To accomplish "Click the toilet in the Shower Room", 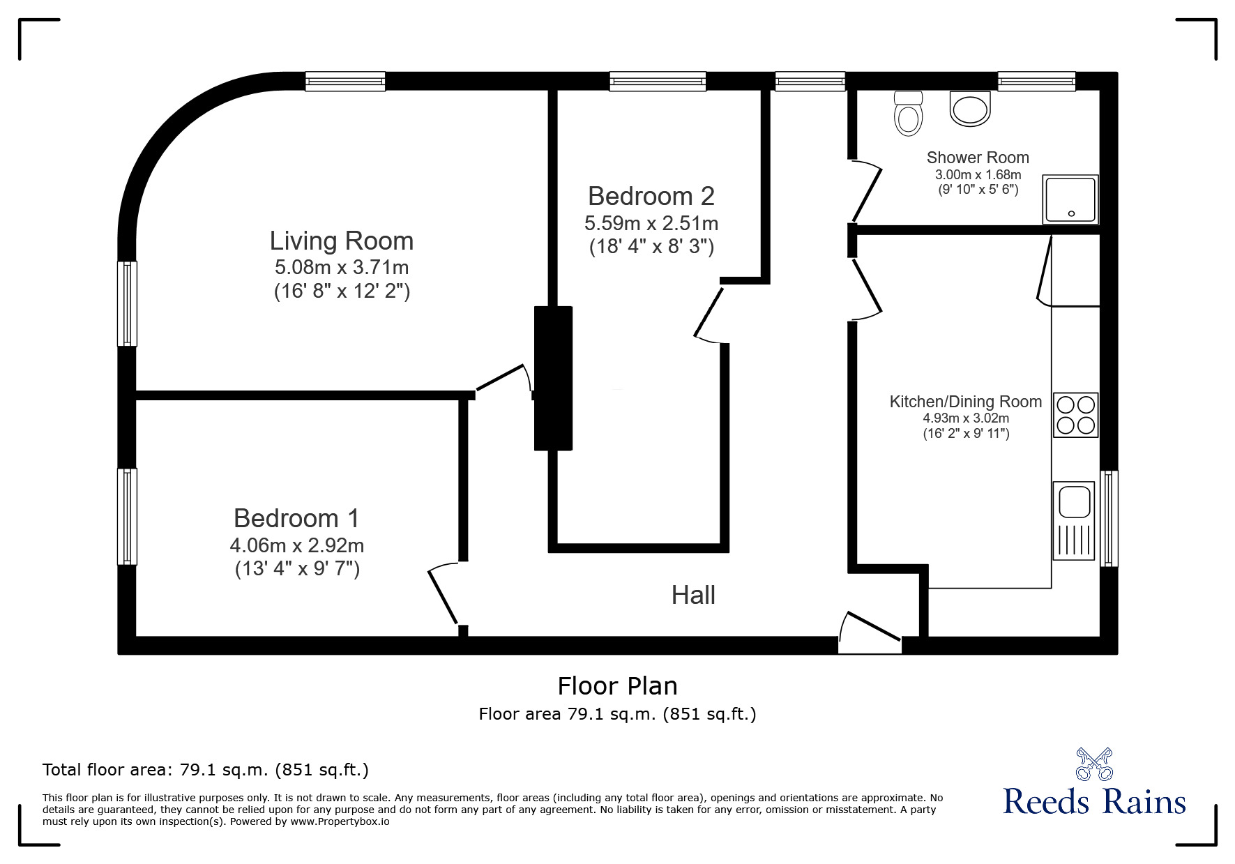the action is coord(908,114).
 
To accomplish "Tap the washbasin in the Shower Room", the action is coord(970,108).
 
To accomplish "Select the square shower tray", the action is coord(1070,199).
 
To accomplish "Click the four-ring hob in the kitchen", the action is coord(1075,415).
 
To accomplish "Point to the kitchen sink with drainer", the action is coord(1075,520).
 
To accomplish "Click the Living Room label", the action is coord(342,241).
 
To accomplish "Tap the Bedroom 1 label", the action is coord(296,518).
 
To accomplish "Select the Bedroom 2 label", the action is coord(651,196).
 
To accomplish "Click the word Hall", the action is coord(693,595).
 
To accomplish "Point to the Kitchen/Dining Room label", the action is coord(966,402).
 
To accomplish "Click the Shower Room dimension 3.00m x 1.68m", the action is coord(978,174).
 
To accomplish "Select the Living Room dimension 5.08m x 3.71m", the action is coord(342,267).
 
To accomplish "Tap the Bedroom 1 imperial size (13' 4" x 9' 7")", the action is coord(297,569).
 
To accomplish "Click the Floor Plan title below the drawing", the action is coord(617,686).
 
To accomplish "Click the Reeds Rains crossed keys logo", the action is coord(1093,764).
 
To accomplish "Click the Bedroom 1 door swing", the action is coord(444,593).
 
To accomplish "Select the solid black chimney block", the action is coord(553,378).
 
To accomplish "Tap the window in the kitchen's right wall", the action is coord(1109,518).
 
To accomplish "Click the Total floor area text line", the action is coord(206,770).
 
